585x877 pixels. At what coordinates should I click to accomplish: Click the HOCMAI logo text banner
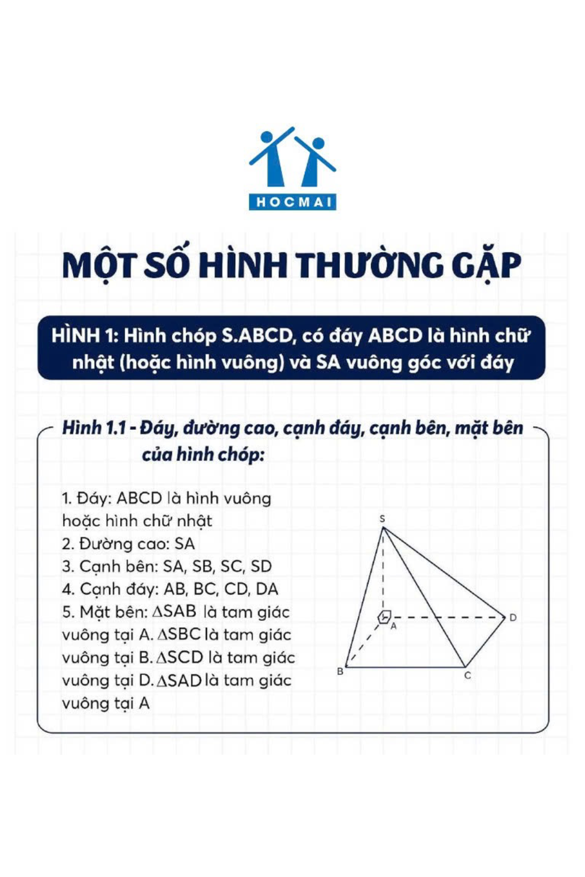292,202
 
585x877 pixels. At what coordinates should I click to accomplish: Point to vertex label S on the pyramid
382,518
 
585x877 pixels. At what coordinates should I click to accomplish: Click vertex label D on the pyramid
512,618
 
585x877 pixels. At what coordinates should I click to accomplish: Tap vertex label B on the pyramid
340,671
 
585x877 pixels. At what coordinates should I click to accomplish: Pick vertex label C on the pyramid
468,676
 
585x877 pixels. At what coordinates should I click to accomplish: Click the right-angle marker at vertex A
385,616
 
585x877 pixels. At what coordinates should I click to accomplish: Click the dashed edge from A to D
448,617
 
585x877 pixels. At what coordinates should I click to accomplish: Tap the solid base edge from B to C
405,667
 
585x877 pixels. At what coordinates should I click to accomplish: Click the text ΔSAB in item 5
174,611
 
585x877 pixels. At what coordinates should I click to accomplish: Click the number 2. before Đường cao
68,544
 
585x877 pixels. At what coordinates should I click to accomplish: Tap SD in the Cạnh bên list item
261,566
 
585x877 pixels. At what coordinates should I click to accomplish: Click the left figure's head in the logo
267,136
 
